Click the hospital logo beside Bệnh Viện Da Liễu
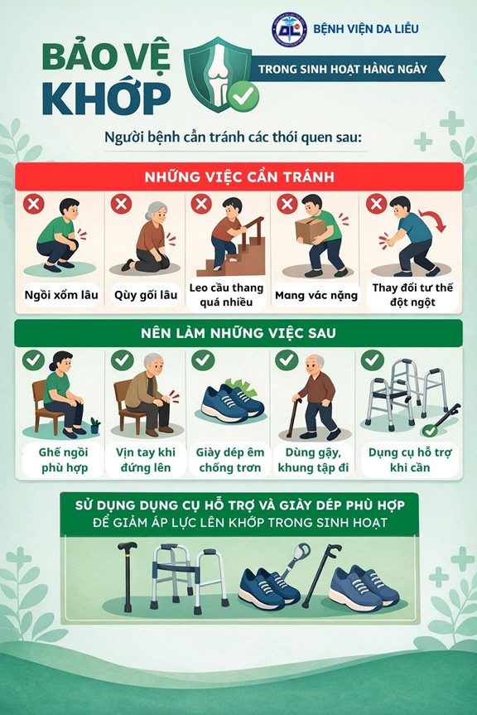click(x=289, y=29)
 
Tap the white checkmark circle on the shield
click(x=243, y=96)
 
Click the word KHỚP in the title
click(x=107, y=99)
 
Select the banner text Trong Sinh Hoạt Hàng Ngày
click(x=343, y=70)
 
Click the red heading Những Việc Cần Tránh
click(x=239, y=177)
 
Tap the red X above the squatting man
click(x=34, y=203)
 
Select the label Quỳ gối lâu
click(x=145, y=296)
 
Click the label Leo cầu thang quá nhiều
click(x=226, y=295)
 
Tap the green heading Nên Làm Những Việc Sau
click(x=238, y=333)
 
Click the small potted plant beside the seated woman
click(x=95, y=426)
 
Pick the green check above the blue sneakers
click(x=203, y=360)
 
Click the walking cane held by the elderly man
click(x=292, y=418)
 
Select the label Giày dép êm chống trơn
click(x=230, y=460)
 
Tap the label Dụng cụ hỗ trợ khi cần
click(x=410, y=460)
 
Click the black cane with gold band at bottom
click(x=128, y=576)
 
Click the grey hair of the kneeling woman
click(x=157, y=210)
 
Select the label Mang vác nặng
click(x=316, y=296)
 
